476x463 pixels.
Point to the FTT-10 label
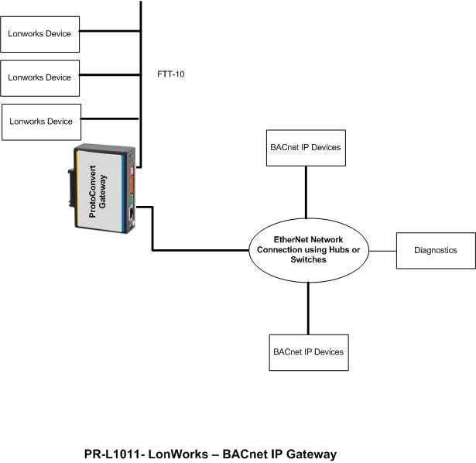pos(171,75)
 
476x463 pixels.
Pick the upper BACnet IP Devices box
pos(306,147)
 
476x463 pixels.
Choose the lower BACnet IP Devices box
pos(307,352)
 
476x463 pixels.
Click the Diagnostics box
pos(436,250)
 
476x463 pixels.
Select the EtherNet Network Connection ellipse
pos(308,250)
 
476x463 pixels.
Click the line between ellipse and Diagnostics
pos(382,250)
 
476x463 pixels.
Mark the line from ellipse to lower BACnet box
pos(308,308)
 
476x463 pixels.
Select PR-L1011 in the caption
pos(111,454)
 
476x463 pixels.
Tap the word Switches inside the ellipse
pos(308,260)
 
